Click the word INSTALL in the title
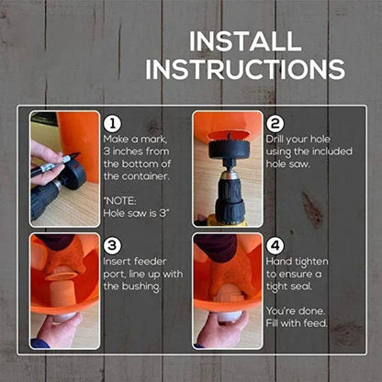tap(243, 42)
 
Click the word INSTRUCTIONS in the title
tap(244, 69)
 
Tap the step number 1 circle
tap(112, 123)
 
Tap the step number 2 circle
tap(275, 123)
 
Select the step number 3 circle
tap(112, 245)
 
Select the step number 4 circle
tap(275, 245)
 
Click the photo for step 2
tap(226, 168)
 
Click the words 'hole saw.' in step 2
tap(290, 164)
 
